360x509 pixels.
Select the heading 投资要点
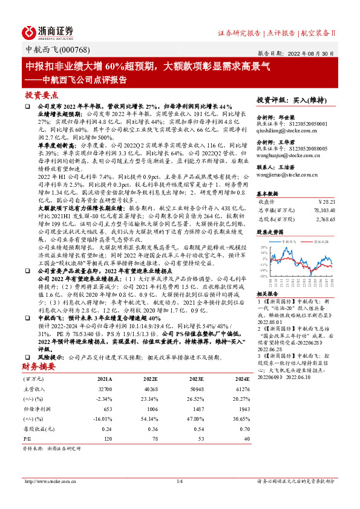(x=42, y=95)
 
